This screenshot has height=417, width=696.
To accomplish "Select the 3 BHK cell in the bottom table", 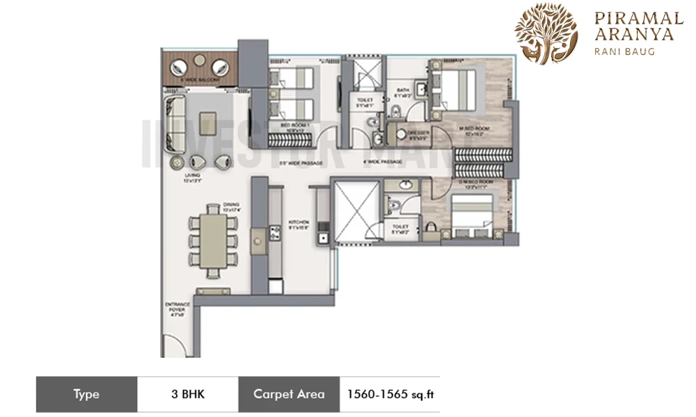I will point(187,394).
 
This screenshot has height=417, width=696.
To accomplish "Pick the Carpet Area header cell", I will point(289,394).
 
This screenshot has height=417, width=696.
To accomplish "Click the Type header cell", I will point(86,394).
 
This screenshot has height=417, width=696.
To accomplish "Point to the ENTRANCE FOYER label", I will point(174,308).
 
